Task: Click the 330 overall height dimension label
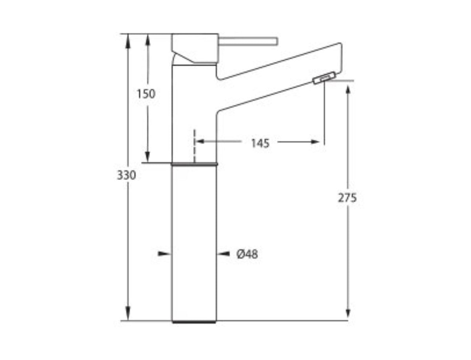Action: coord(126,175)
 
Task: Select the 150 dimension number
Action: coord(146,94)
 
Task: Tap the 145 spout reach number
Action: coord(260,143)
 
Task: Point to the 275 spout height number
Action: coord(347,198)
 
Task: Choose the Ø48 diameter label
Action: coord(247,254)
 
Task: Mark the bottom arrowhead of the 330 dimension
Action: coord(128,313)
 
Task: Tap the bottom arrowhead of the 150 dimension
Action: coord(147,156)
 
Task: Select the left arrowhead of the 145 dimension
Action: coord(201,141)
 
